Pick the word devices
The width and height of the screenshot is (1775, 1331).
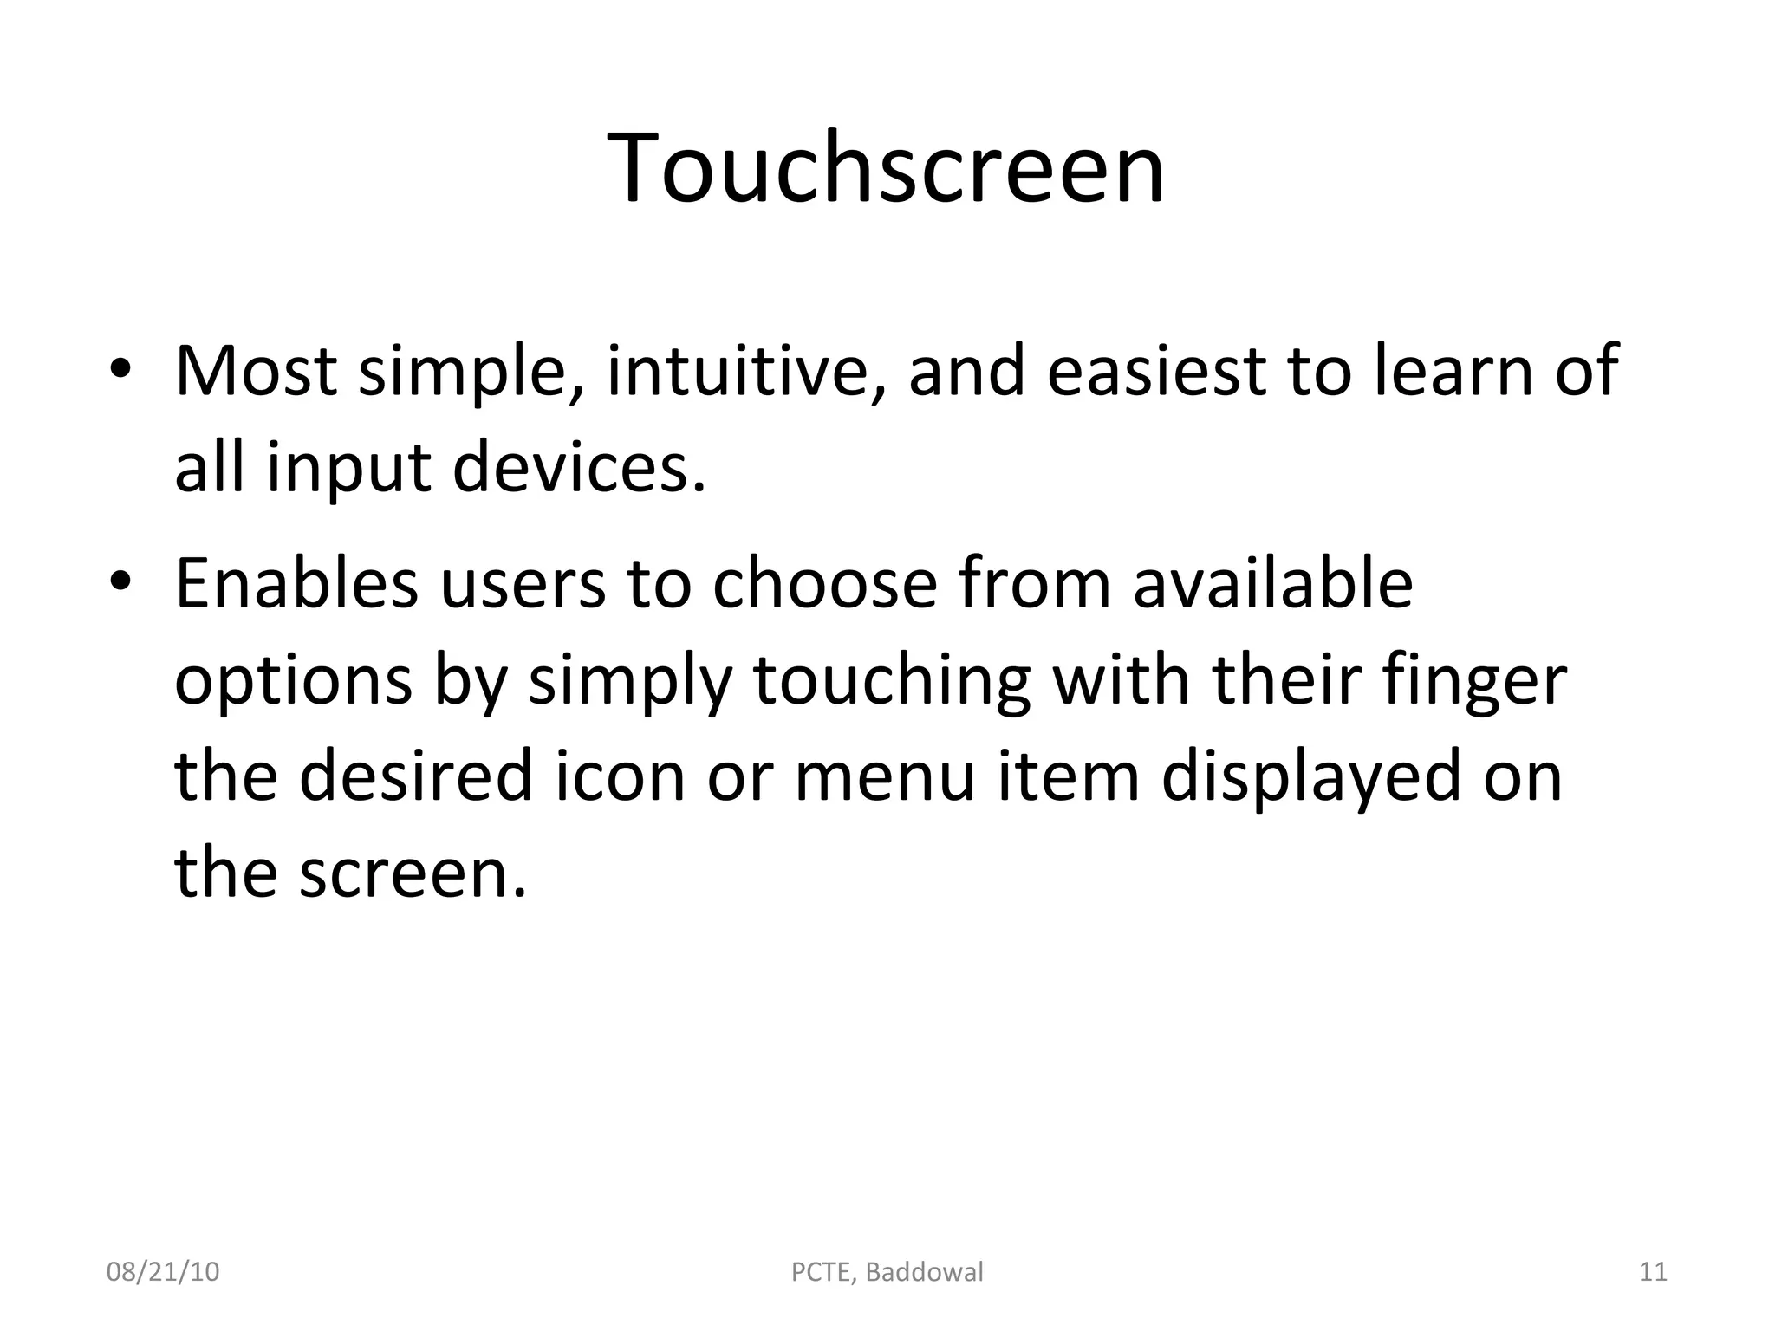(x=578, y=468)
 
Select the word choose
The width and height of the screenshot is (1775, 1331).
(x=824, y=582)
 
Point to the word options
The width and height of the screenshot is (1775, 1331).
(x=293, y=681)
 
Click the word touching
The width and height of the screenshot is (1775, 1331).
(x=892, y=681)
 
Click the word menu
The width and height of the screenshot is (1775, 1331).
(x=885, y=776)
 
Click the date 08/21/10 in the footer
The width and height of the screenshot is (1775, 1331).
(x=163, y=1272)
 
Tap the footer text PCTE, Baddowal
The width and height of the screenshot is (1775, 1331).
(x=887, y=1272)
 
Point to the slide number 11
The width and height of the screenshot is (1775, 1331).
(x=1653, y=1272)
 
